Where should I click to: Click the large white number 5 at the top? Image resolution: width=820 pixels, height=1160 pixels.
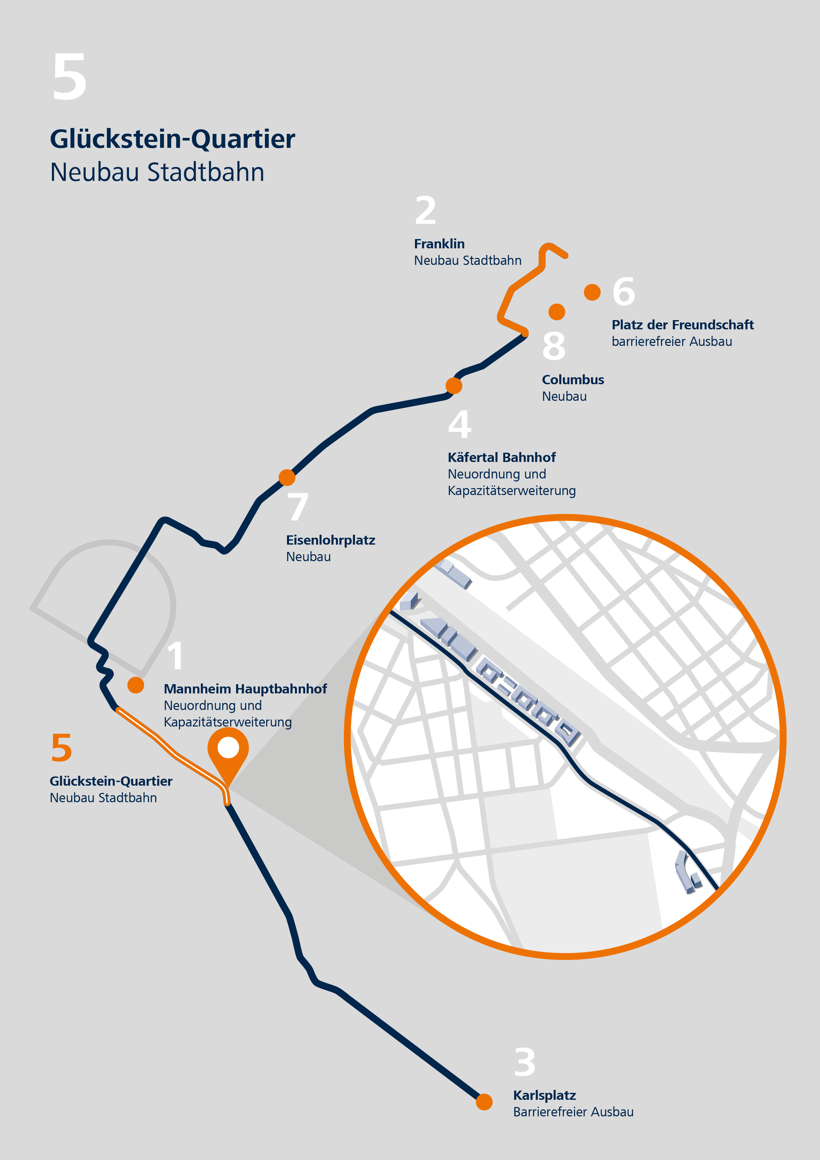pyautogui.click(x=70, y=76)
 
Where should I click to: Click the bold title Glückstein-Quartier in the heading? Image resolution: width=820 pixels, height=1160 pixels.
pyautogui.click(x=172, y=140)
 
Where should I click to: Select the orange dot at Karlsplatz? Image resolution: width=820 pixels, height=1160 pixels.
pyautogui.click(x=484, y=1102)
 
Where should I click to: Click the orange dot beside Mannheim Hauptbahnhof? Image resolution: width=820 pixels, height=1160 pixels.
pyautogui.click(x=136, y=685)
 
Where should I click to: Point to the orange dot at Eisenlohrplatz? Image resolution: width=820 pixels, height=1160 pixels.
pyautogui.click(x=287, y=477)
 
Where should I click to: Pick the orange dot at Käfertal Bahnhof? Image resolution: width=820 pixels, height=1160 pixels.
pyautogui.click(x=454, y=386)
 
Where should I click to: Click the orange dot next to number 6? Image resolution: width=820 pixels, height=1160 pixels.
pyautogui.click(x=592, y=292)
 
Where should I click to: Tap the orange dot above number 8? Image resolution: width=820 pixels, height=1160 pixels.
pyautogui.click(x=557, y=312)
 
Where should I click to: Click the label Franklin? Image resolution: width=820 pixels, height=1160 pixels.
pyautogui.click(x=439, y=244)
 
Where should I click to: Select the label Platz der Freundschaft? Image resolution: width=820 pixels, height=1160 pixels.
pyautogui.click(x=682, y=325)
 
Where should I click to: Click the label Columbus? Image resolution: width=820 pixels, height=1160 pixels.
pyautogui.click(x=573, y=380)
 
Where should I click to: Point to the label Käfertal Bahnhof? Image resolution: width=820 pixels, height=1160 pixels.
pyautogui.click(x=501, y=458)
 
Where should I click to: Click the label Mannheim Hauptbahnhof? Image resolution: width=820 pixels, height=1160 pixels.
pyautogui.click(x=245, y=689)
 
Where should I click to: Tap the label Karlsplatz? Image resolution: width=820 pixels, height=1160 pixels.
pyautogui.click(x=544, y=1095)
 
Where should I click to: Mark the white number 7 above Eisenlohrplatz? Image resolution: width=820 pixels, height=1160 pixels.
pyautogui.click(x=298, y=507)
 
